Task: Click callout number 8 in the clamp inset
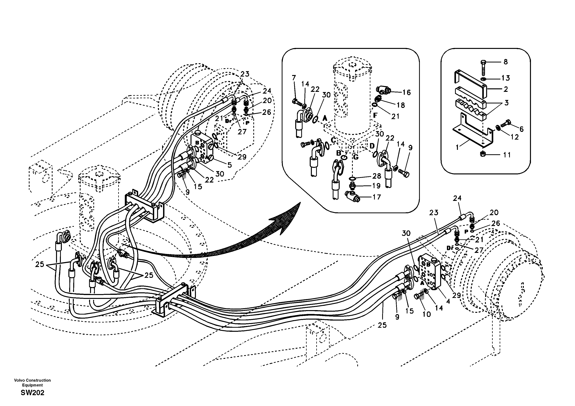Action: pyautogui.click(x=505, y=62)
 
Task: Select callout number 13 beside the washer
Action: pyautogui.click(x=506, y=78)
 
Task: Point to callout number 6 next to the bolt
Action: pyautogui.click(x=521, y=129)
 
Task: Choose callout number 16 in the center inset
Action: pyautogui.click(x=407, y=92)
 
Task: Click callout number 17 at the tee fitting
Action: pyautogui.click(x=377, y=197)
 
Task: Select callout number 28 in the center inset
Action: pyautogui.click(x=376, y=176)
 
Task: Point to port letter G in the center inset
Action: pyautogui.click(x=356, y=157)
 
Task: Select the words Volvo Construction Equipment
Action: pyautogui.click(x=32, y=383)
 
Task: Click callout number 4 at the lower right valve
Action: pyautogui.click(x=448, y=301)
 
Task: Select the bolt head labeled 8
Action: pyautogui.click(x=484, y=62)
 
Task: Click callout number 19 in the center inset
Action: pyautogui.click(x=376, y=186)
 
